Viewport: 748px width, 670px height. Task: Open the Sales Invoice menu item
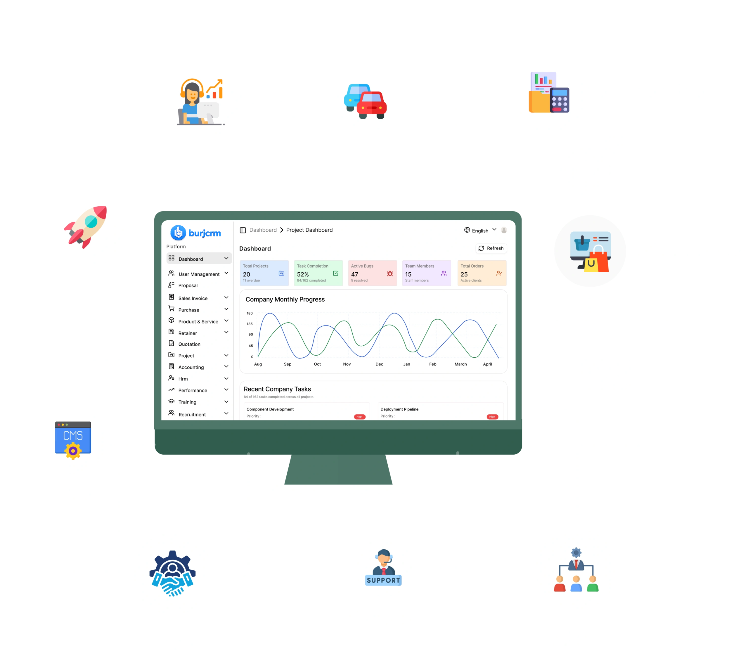[193, 298]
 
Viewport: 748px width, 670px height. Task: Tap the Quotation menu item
[189, 344]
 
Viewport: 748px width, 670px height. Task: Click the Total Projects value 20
[246, 274]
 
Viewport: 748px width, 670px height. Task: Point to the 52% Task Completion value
[303, 274]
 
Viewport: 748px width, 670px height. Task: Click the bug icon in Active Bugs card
[390, 273]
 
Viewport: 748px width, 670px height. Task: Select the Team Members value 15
[408, 274]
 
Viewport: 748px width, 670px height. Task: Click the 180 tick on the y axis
[250, 313]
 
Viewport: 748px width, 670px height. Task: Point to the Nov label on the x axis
[347, 364]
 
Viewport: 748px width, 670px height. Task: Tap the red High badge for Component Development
[359, 417]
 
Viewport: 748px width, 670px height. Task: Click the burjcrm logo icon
[178, 232]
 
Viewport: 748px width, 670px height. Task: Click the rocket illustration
[86, 227]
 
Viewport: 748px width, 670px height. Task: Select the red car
[371, 105]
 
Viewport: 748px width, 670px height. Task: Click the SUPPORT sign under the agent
[383, 580]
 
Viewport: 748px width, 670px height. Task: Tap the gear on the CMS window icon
[73, 451]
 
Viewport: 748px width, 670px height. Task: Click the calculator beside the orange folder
[560, 100]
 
